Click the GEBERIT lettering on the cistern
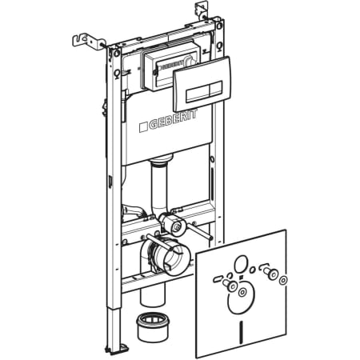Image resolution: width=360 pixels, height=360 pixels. coord(173,119)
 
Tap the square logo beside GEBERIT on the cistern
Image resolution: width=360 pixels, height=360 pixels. coord(143,127)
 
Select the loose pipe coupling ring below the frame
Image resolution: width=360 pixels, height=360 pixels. coord(153,327)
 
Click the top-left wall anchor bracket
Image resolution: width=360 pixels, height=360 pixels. coord(90,42)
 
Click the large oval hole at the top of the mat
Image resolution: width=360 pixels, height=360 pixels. coord(241,264)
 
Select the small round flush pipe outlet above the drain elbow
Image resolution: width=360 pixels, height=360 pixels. coord(176,226)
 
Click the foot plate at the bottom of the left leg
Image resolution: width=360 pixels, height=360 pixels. coord(116,348)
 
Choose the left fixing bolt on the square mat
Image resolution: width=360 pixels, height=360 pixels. coord(230,285)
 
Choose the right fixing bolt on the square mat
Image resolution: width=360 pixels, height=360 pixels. coord(270,273)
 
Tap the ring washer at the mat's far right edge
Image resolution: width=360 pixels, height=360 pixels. coord(283,280)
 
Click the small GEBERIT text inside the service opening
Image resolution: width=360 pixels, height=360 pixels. coord(172,65)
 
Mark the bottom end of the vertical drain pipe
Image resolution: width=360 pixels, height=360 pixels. coord(153,302)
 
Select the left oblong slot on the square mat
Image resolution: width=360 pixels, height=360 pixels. coord(218,279)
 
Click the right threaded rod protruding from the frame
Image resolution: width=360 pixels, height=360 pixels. coord(200,232)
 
